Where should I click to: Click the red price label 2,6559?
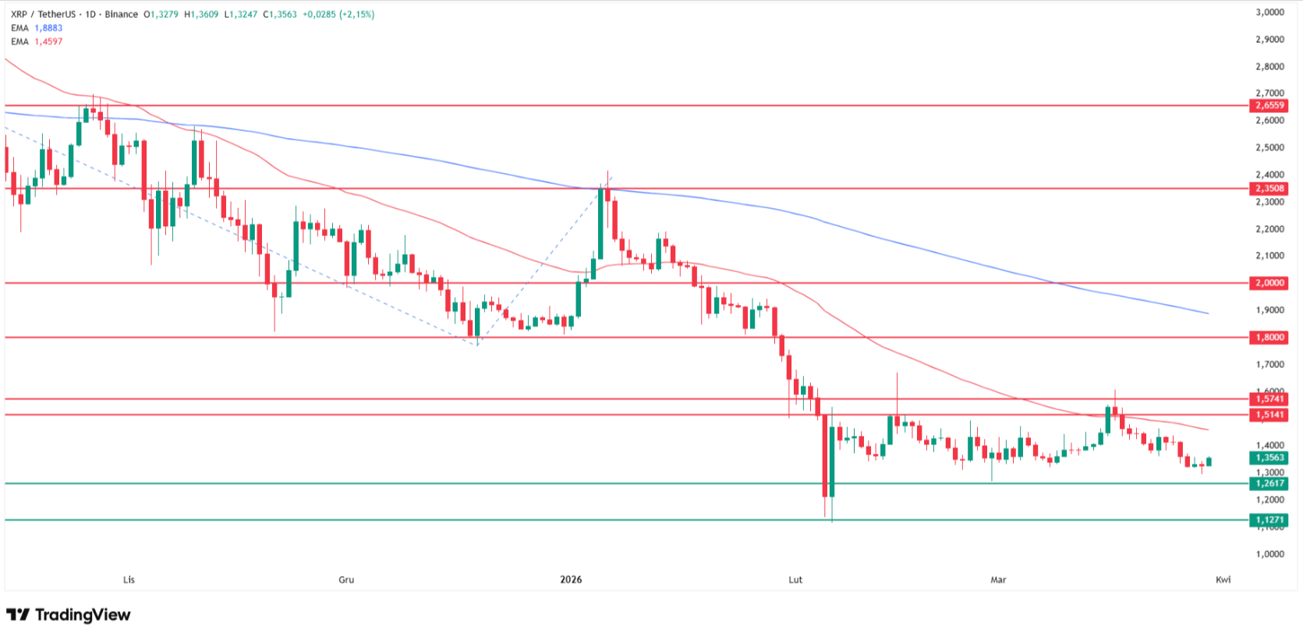pyautogui.click(x=1269, y=105)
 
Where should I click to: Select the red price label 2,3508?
pyautogui.click(x=1269, y=189)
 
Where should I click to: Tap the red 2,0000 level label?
pyautogui.click(x=1269, y=283)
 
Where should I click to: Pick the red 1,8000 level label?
pyautogui.click(x=1269, y=338)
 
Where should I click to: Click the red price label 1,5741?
pyautogui.click(x=1269, y=399)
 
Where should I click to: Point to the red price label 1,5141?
pyautogui.click(x=1269, y=415)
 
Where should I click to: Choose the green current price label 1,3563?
pyautogui.click(x=1269, y=458)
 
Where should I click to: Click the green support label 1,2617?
pyautogui.click(x=1269, y=483)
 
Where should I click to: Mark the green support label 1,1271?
pyautogui.click(x=1269, y=520)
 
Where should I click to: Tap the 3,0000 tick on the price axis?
pyautogui.click(x=1269, y=12)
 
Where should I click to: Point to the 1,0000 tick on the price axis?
pyautogui.click(x=1269, y=554)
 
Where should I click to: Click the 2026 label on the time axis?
pyautogui.click(x=571, y=579)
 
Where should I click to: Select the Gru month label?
pyautogui.click(x=346, y=579)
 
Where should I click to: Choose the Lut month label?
pyautogui.click(x=795, y=579)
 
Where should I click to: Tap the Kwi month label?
pyautogui.click(x=1223, y=579)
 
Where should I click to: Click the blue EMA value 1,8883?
pyautogui.click(x=48, y=28)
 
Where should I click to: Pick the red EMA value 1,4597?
pyautogui.click(x=48, y=41)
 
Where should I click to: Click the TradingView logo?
pyautogui.click(x=69, y=615)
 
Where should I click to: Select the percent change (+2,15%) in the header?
pyautogui.click(x=356, y=14)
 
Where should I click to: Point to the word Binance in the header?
pyautogui.click(x=121, y=14)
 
